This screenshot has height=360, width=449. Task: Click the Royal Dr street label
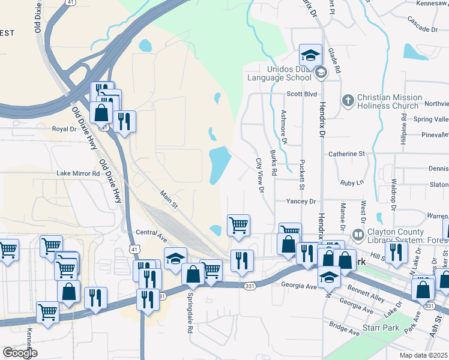[64, 129]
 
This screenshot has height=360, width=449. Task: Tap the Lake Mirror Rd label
[78, 173]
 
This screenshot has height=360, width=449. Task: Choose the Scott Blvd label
[301, 94]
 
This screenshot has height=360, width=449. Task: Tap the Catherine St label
[346, 154]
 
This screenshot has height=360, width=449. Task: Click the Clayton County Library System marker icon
[358, 233]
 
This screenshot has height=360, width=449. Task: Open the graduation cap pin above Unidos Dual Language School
[310, 56]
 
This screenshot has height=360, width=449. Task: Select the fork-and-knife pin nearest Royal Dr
[124, 122]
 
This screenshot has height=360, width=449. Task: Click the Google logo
[20, 352]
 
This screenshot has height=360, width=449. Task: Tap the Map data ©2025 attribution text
[423, 355]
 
